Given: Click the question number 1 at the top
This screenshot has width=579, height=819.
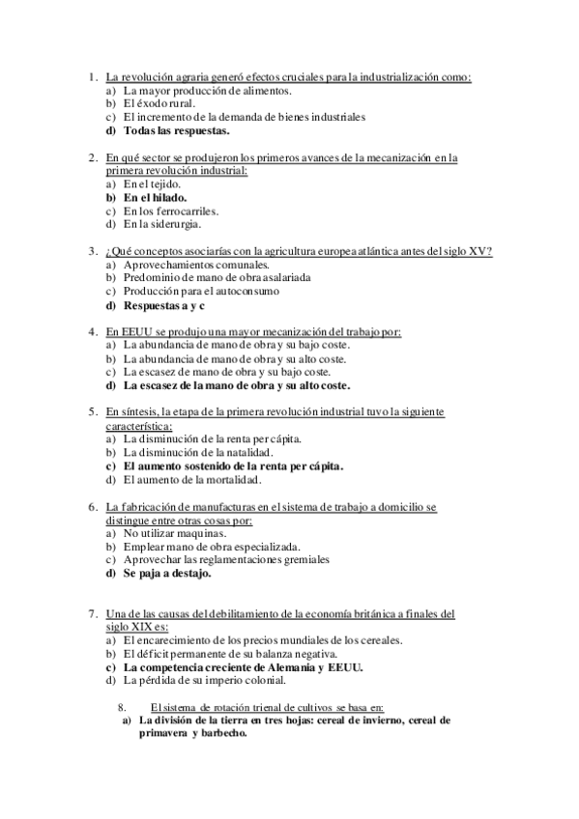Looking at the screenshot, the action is (x=91, y=76).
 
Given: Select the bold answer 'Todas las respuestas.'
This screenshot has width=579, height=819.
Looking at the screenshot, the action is (x=177, y=130).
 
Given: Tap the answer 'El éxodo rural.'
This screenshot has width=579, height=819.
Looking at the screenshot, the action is (x=159, y=103).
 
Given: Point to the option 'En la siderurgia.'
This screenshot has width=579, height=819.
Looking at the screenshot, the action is (x=162, y=224).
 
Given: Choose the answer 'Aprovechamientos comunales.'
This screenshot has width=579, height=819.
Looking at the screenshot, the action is (x=196, y=264).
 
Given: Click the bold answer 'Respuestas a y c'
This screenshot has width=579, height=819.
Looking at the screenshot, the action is (x=164, y=304).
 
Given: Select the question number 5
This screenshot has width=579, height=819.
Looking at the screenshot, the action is (x=91, y=411).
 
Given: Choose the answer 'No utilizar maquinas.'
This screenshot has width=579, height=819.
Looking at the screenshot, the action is (x=176, y=532).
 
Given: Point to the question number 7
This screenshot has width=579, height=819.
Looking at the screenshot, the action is (x=91, y=613).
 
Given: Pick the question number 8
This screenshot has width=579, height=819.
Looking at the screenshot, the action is (x=121, y=706).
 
